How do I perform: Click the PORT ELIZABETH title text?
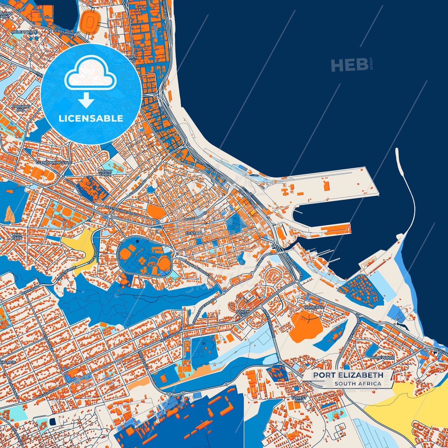pyautogui.click(x=348, y=375)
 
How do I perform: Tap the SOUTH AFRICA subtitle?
pyautogui.click(x=358, y=384)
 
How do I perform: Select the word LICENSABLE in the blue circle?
pyautogui.click(x=91, y=118)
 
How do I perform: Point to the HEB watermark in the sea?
pyautogui.click(x=350, y=65)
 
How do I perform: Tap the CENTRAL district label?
pyautogui.click(x=194, y=233)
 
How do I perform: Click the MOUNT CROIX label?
pyautogui.click(x=105, y=173)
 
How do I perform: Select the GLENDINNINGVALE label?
pyautogui.click(x=54, y=162)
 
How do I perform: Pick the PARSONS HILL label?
pyautogui.click(x=21, y=108)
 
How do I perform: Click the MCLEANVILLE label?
pyautogui.click(x=24, y=32)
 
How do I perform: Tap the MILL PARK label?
pyautogui.click(x=17, y=236)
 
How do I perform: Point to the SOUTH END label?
pyautogui.click(x=243, y=313)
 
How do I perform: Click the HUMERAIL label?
pyautogui.click(x=314, y=307)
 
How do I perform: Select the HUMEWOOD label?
pyautogui.click(x=382, y=357)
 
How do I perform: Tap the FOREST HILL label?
pyautogui.click(x=299, y=399)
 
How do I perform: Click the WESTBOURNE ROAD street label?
pyautogui.click(x=121, y=210)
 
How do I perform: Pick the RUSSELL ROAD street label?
pyautogui.click(x=195, y=216)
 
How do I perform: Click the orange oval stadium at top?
pyautogui.click(x=91, y=21)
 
